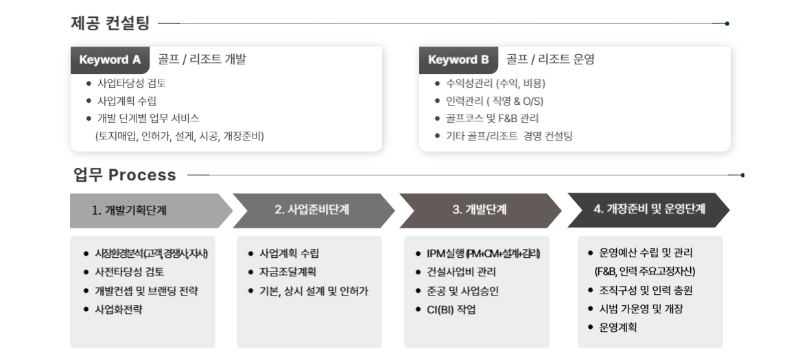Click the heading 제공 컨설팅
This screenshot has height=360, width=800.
(110, 23)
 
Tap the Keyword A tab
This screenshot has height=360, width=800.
(110, 60)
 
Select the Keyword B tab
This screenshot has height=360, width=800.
(458, 60)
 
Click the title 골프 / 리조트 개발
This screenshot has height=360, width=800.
(201, 60)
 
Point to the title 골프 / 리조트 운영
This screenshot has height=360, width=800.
(550, 60)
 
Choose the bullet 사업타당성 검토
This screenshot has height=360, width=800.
(131, 84)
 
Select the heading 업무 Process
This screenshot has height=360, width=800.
(125, 175)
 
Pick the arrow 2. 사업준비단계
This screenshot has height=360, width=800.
(312, 211)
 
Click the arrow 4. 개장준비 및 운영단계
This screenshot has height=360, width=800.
(648, 209)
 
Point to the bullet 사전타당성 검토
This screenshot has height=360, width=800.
(129, 272)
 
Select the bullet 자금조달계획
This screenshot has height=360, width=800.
(287, 272)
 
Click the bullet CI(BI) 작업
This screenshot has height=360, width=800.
(451, 309)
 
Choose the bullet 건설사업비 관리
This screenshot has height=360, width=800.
(460, 272)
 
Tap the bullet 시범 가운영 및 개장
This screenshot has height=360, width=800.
(641, 309)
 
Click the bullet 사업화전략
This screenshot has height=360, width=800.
(123, 309)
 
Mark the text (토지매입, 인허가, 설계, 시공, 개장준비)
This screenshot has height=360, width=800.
(179, 136)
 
